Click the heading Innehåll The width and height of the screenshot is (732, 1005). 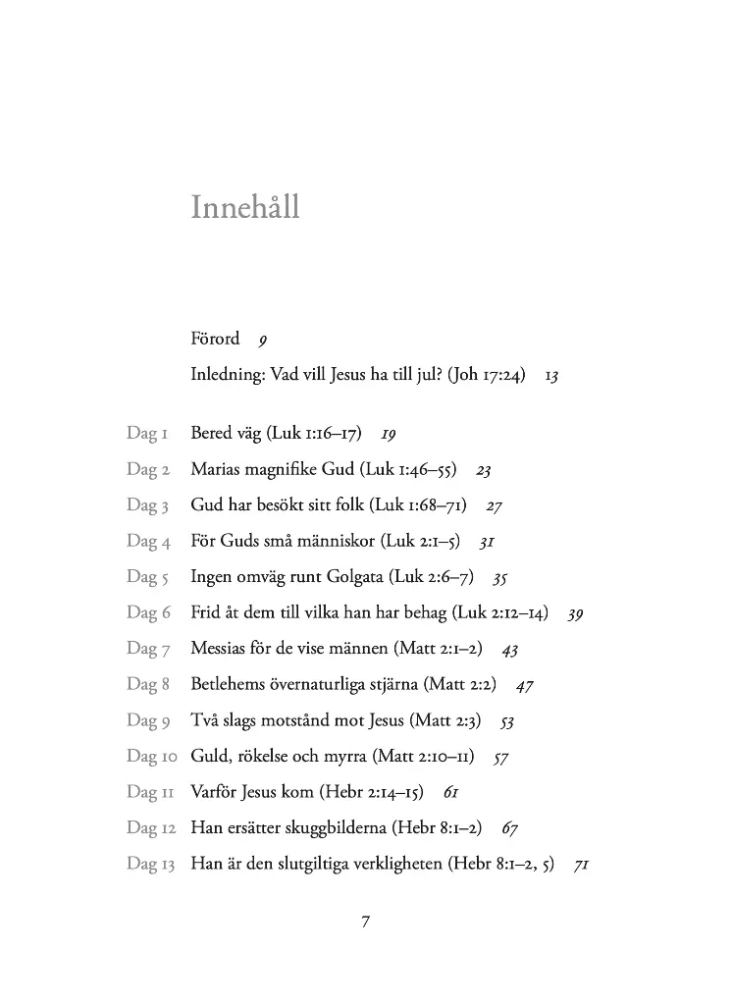tap(245, 208)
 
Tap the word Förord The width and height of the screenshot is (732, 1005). tap(215, 340)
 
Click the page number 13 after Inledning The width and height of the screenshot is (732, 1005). tap(551, 376)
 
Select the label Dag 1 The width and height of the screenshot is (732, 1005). tap(148, 433)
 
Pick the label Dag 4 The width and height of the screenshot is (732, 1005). tap(148, 541)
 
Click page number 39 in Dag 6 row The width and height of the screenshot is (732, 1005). tap(576, 613)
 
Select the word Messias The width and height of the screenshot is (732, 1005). tap(221, 649)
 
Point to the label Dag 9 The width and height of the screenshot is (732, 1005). tap(148, 720)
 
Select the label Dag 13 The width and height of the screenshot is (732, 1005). tap(151, 864)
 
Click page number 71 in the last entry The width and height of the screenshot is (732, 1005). tap(581, 866)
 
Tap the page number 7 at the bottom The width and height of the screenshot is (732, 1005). tap(366, 921)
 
